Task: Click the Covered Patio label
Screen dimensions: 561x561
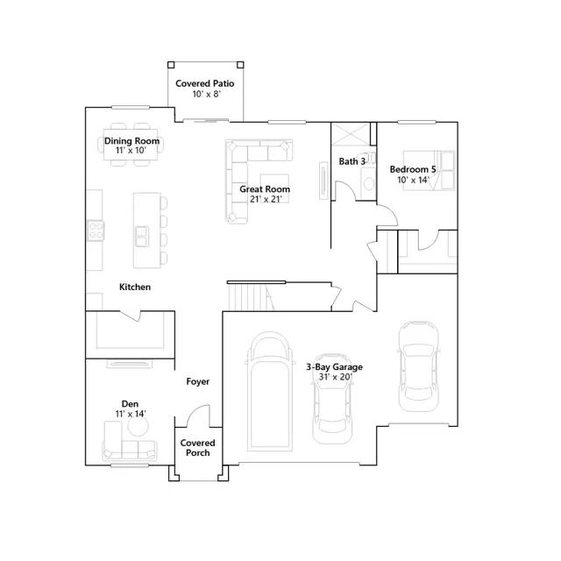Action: pyautogui.click(x=204, y=83)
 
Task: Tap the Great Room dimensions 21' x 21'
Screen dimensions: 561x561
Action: pyautogui.click(x=266, y=199)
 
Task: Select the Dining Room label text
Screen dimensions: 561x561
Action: pyautogui.click(x=131, y=140)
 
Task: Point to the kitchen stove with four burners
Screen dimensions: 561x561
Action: pyautogui.click(x=96, y=230)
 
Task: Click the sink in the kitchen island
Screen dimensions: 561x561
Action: pyautogui.click(x=142, y=237)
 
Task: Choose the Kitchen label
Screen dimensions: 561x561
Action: pyautogui.click(x=134, y=287)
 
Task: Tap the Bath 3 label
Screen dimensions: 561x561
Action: pyautogui.click(x=352, y=161)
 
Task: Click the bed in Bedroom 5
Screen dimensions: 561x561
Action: pyautogui.click(x=430, y=170)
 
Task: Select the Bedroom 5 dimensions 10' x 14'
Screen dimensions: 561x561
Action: pyautogui.click(x=413, y=180)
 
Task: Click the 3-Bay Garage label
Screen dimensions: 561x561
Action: pyautogui.click(x=334, y=366)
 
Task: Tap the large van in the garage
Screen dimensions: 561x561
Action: pyautogui.click(x=269, y=392)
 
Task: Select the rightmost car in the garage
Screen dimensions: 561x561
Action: pyautogui.click(x=419, y=366)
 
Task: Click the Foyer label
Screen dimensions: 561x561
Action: pyautogui.click(x=198, y=381)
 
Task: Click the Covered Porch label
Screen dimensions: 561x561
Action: pyautogui.click(x=197, y=448)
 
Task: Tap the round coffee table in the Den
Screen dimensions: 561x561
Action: pyautogui.click(x=138, y=426)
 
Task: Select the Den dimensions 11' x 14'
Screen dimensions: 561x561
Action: pyautogui.click(x=131, y=414)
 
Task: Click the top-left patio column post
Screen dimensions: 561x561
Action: pyautogui.click(x=171, y=65)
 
